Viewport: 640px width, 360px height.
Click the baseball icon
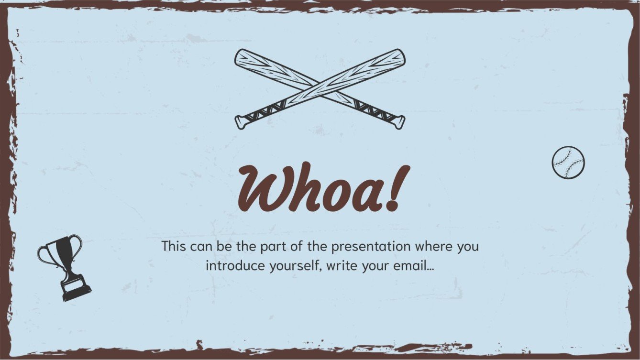[x=568, y=163]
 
